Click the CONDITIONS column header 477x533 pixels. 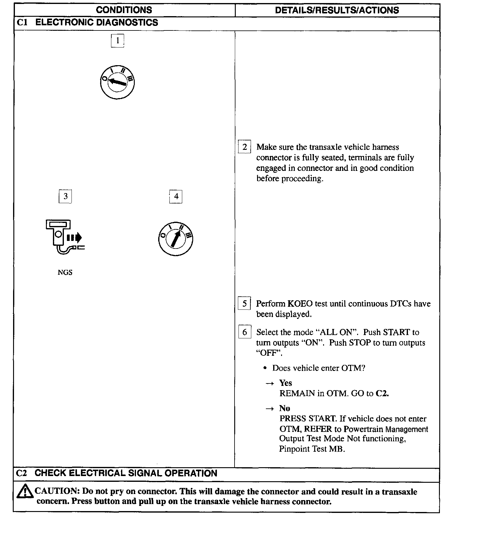tap(124, 10)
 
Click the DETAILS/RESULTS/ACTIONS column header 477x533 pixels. tap(337, 10)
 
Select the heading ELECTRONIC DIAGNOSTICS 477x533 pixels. tap(96, 23)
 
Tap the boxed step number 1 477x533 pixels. tap(117, 41)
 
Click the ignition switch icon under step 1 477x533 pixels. tap(117, 82)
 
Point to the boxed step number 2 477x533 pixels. tap(245, 147)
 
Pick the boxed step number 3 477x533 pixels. tap(65, 196)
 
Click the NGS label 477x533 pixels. tap(65, 272)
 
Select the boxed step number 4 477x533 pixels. tap(176, 196)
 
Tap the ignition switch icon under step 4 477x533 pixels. tap(176, 238)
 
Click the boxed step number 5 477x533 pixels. tap(245, 304)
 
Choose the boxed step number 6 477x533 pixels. tap(245, 332)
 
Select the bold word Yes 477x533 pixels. tap(286, 383)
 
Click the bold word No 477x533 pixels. tap(284, 408)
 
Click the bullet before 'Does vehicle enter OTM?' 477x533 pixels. tap(265, 368)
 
